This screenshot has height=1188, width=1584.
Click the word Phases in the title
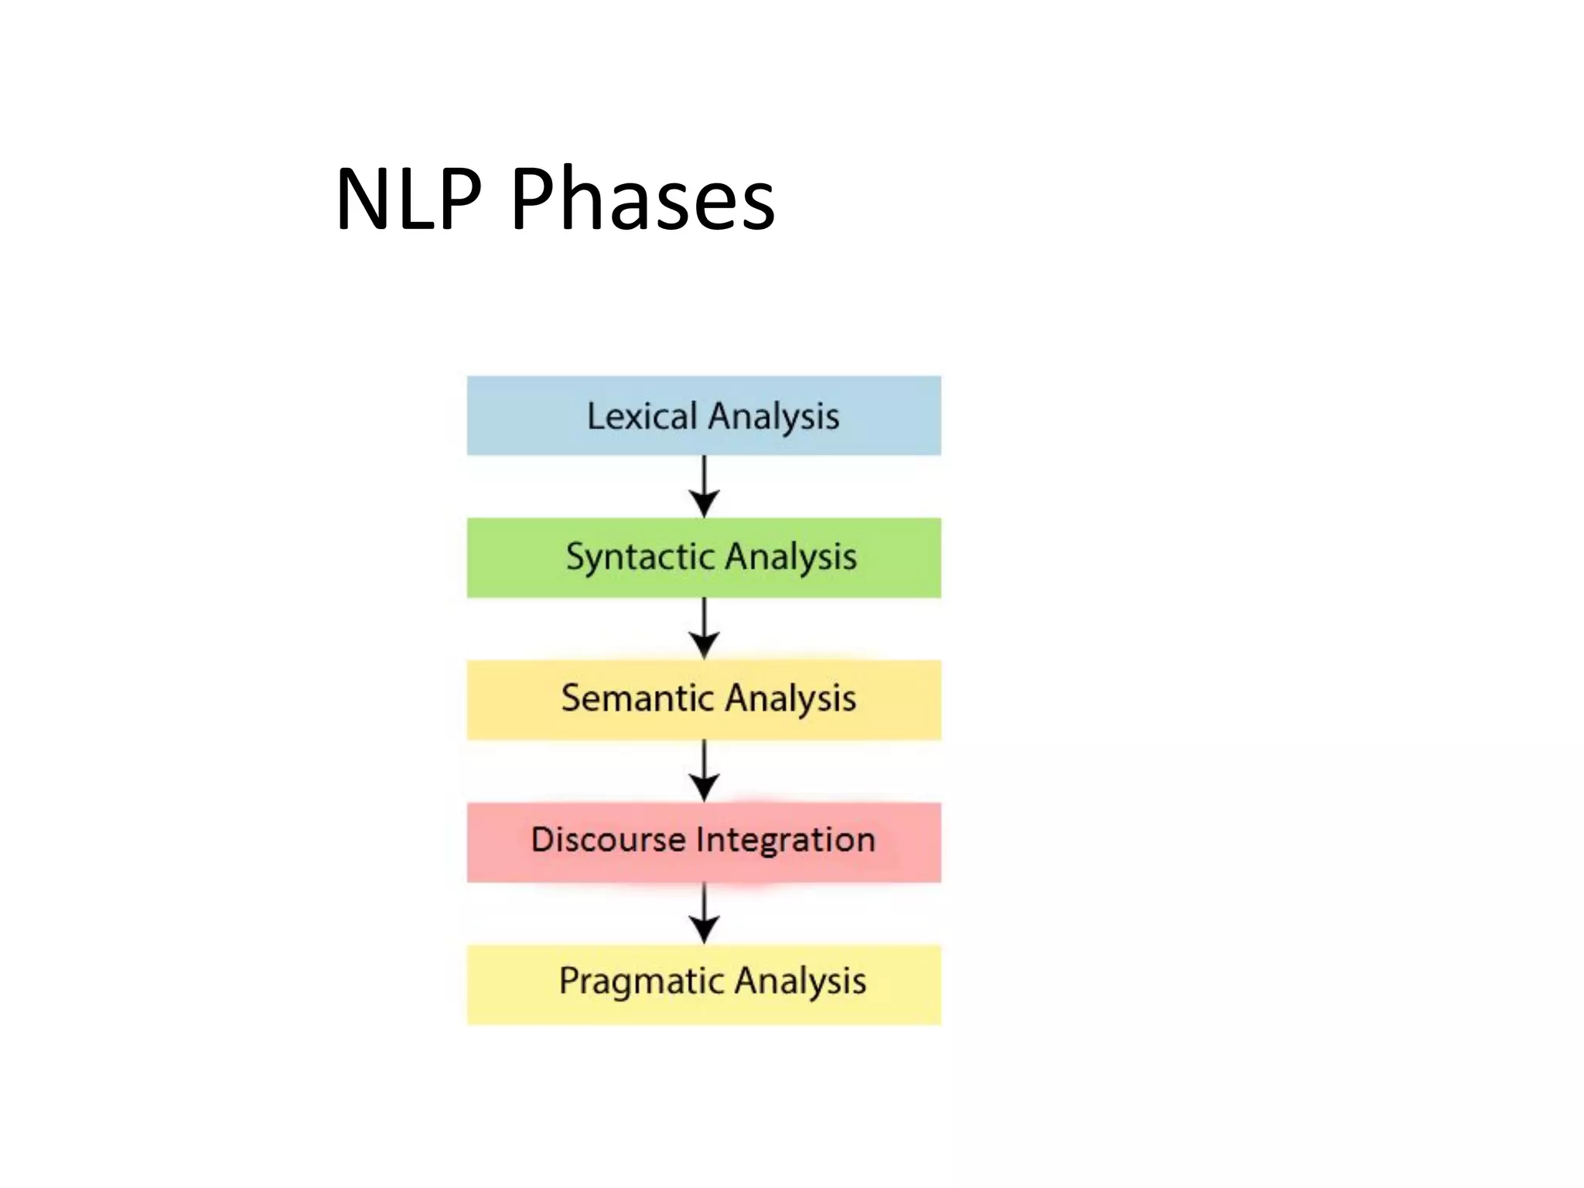point(642,200)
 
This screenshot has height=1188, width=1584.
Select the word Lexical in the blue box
point(642,416)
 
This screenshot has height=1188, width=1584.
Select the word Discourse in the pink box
point(608,840)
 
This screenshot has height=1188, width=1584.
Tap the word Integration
point(785,840)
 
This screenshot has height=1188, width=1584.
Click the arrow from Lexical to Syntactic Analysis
point(704,487)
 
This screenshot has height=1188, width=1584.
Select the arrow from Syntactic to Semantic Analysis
point(704,629)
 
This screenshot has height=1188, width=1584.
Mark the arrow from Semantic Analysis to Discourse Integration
point(704,771)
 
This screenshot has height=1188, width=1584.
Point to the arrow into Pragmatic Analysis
point(704,913)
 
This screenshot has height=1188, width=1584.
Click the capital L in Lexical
point(595,416)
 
